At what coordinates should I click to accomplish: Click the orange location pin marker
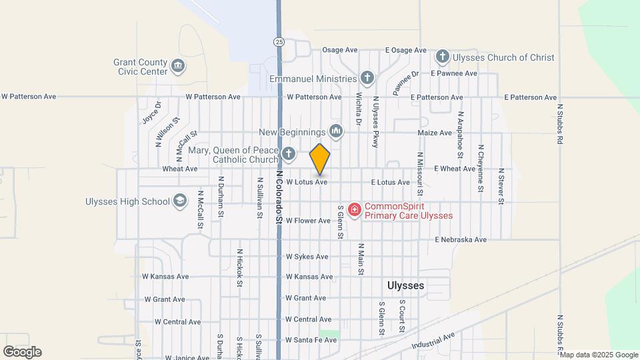(320, 159)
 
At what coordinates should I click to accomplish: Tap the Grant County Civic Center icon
(178, 65)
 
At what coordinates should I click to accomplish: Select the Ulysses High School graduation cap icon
(179, 201)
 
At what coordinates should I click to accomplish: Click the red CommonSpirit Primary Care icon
(355, 210)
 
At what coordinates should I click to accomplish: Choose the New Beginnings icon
(335, 132)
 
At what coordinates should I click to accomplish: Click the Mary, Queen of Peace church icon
(288, 154)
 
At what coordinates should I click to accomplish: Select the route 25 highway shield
(277, 41)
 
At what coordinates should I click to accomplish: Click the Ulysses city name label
(405, 285)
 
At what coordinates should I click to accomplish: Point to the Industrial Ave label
(433, 341)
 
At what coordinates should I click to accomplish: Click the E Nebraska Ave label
(461, 239)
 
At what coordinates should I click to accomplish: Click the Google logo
(22, 352)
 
